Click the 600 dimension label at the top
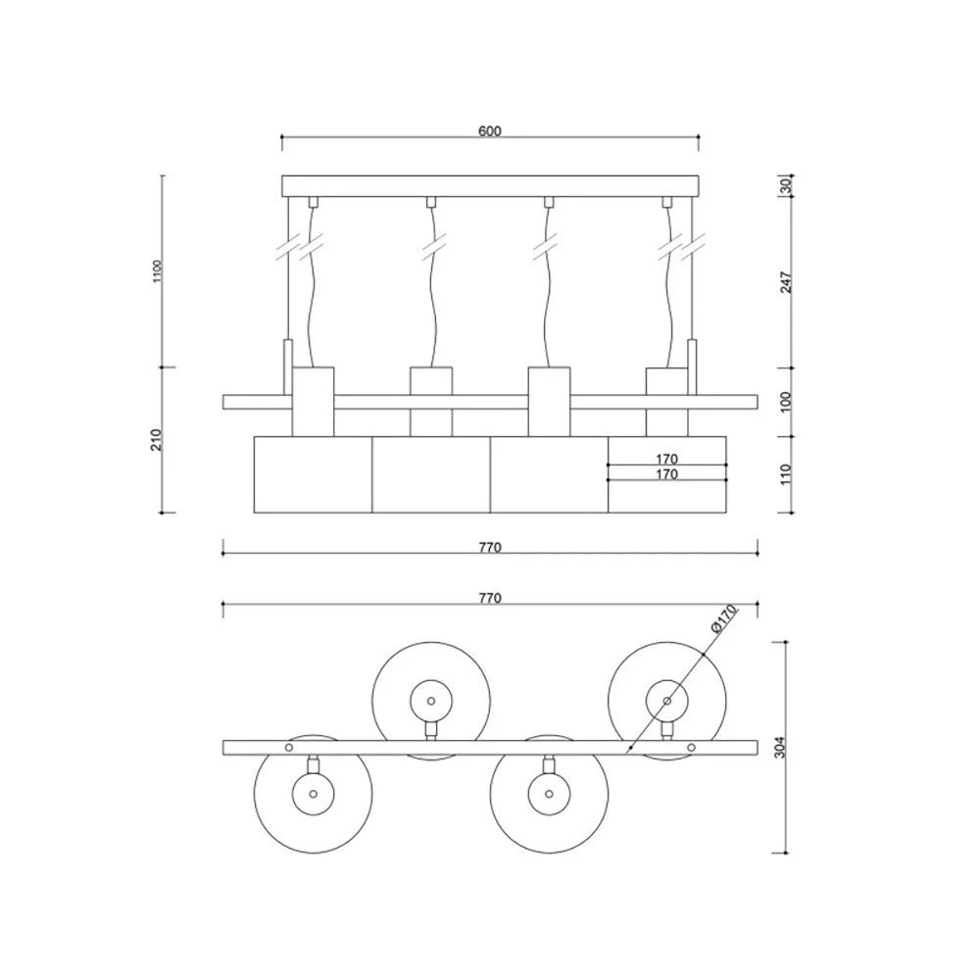[x=489, y=131]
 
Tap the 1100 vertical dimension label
[x=157, y=271]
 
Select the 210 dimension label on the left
[x=156, y=439]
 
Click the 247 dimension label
[x=786, y=282]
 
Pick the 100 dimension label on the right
[x=786, y=401]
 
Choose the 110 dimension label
[x=786, y=473]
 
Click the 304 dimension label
[x=779, y=747]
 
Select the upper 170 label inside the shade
[x=666, y=459]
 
